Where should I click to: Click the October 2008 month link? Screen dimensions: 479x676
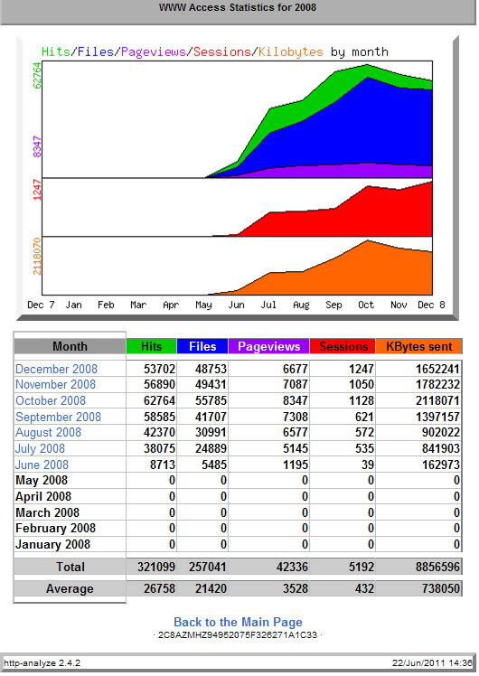pyautogui.click(x=51, y=400)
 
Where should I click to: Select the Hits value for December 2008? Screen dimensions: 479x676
pyautogui.click(x=160, y=369)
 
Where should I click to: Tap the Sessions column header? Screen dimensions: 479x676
pyautogui.click(x=343, y=346)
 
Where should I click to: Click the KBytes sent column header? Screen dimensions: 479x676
pyautogui.click(x=419, y=346)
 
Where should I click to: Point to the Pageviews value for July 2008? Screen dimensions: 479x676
pyautogui.click(x=296, y=448)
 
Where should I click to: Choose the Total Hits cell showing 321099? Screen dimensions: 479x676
pyautogui.click(x=156, y=567)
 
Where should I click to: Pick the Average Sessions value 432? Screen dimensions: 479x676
pyautogui.click(x=365, y=588)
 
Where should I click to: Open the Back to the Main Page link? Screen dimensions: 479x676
pyautogui.click(x=238, y=622)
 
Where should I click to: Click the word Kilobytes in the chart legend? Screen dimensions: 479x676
pyautogui.click(x=291, y=52)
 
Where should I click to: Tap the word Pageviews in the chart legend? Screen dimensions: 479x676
pyautogui.click(x=154, y=52)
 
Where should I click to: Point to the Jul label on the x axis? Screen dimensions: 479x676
pyautogui.click(x=268, y=305)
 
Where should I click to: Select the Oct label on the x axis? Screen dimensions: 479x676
pyautogui.click(x=366, y=305)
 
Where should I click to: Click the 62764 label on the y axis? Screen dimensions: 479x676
pyautogui.click(x=37, y=75)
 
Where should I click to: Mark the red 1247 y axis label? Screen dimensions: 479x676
pyautogui.click(x=37, y=190)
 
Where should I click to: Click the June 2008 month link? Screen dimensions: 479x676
pyautogui.click(x=42, y=465)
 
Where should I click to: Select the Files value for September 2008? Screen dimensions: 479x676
pyautogui.click(x=211, y=417)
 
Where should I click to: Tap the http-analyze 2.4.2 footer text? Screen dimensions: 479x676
pyautogui.click(x=42, y=662)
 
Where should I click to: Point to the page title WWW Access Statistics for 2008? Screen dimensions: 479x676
pyautogui.click(x=238, y=7)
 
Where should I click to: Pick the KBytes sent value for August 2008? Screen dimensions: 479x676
pyautogui.click(x=441, y=432)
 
